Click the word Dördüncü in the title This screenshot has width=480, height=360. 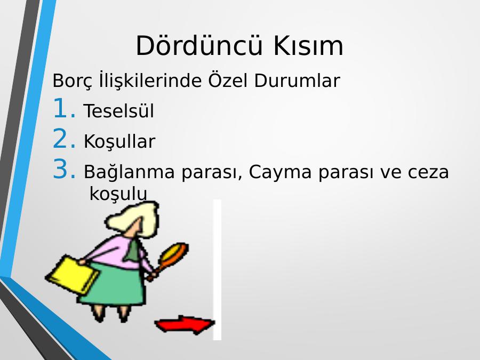pos(199,45)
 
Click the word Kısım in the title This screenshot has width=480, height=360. pos(308,45)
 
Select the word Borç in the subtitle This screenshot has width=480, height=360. pos(72,81)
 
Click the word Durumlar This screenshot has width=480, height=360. pos(297,81)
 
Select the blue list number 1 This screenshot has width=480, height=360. pos(64,108)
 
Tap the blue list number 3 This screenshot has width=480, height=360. pos(64,169)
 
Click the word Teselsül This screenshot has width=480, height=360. pos(119,110)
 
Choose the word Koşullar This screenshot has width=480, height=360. pos(119,141)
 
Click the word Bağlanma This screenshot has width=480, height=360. pos(129,172)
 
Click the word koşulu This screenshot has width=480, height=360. pos(118,194)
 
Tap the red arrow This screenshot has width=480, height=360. pos(185,324)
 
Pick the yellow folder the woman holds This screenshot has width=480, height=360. pos(72,275)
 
